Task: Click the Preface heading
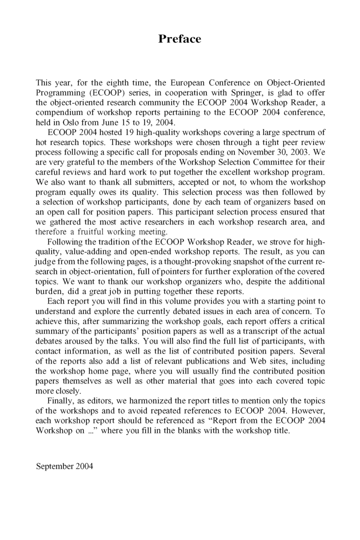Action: pos(179,39)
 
